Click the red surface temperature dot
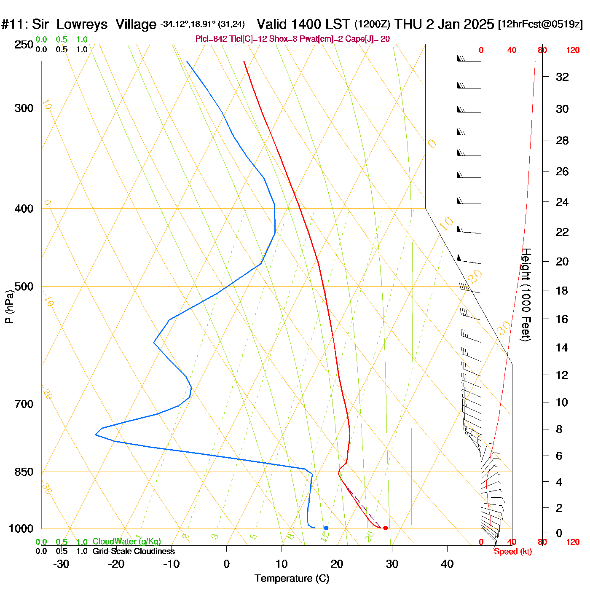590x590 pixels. tap(385, 528)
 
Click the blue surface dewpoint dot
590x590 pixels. tap(326, 528)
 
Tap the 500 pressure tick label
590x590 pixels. tap(24, 287)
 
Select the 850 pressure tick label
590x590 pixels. tap(24, 472)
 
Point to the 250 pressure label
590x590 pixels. tap(24, 45)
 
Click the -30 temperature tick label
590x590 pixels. tap(61, 564)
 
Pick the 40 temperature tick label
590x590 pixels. tap(447, 564)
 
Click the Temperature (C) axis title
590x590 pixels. tap(292, 579)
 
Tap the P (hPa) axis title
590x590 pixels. tap(9, 306)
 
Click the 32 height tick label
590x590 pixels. tap(562, 77)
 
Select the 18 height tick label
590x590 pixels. tap(562, 290)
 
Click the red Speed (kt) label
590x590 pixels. tap(512, 552)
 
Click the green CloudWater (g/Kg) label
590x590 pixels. tap(126, 542)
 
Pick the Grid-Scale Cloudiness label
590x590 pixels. tap(134, 551)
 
